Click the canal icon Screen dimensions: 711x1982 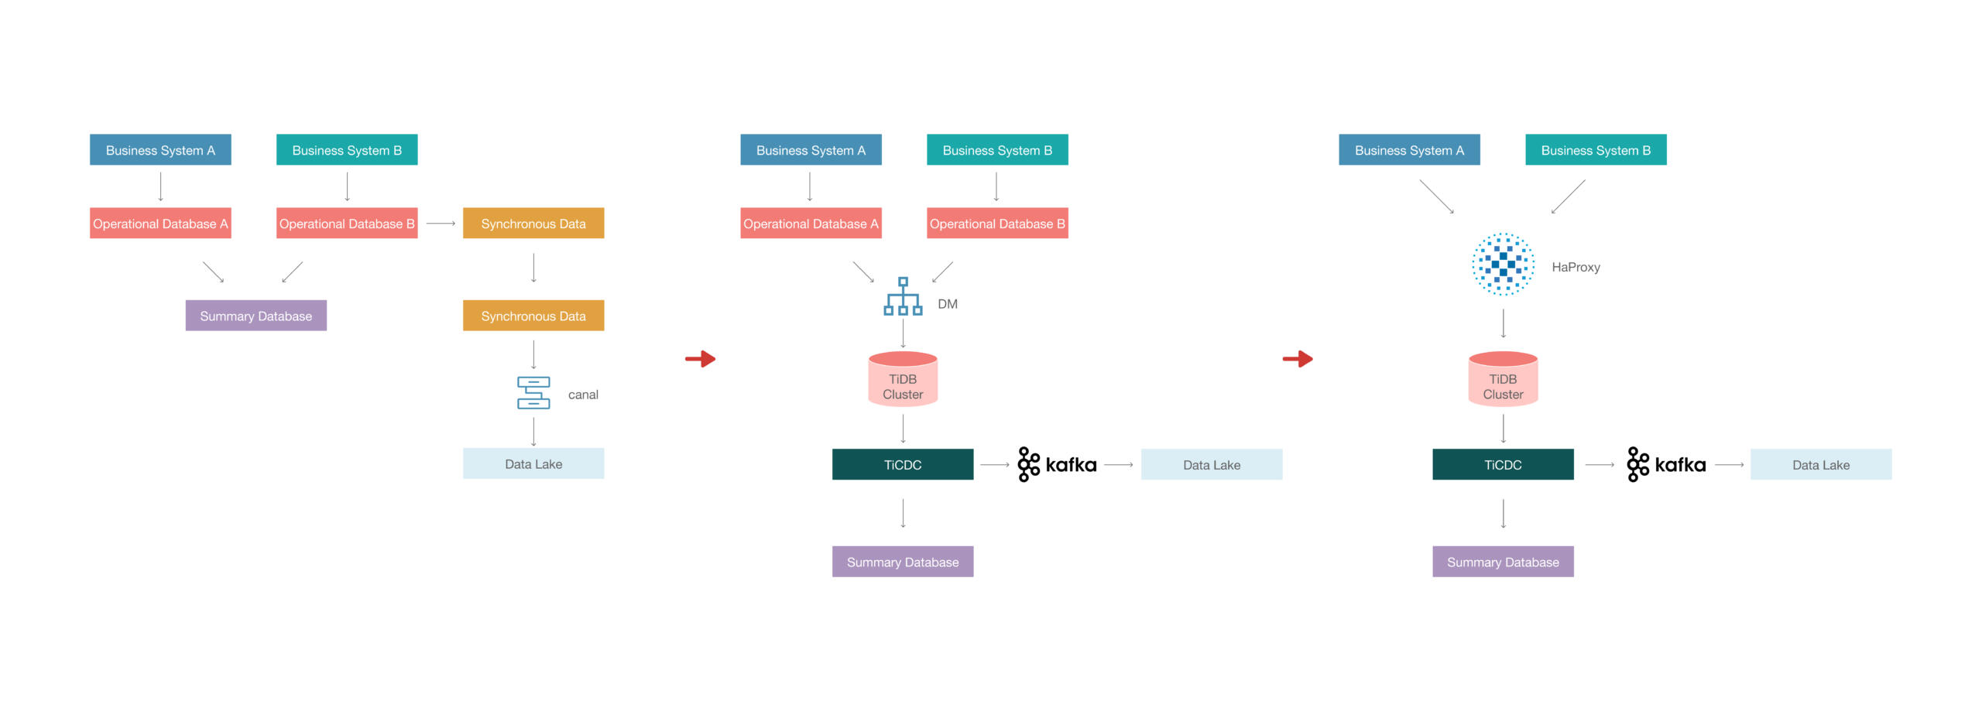tap(533, 393)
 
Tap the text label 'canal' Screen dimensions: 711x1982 tap(583, 395)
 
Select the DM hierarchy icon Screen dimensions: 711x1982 tap(903, 296)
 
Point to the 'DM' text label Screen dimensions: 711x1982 tap(948, 304)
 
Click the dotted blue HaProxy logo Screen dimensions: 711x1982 tap(1503, 265)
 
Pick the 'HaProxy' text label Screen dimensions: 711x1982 tap(1576, 267)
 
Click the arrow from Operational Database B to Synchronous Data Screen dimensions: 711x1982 tap(441, 224)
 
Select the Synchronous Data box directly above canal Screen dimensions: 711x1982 tap(533, 316)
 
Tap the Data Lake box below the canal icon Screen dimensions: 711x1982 tap(533, 464)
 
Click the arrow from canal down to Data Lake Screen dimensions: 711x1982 tap(533, 431)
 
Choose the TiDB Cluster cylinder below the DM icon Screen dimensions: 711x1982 tap(903, 379)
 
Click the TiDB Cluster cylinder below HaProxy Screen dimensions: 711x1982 tap(1503, 379)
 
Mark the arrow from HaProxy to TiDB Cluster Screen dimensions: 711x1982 tap(1504, 323)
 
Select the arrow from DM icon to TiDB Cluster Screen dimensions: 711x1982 tap(903, 333)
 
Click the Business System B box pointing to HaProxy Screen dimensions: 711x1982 tap(1596, 150)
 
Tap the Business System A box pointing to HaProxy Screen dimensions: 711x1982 tap(1409, 150)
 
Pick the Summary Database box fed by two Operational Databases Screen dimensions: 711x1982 tap(256, 316)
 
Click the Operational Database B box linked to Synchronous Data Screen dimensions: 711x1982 tap(347, 224)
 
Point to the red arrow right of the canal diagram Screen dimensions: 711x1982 tap(701, 359)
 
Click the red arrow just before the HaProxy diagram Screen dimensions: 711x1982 tap(1298, 359)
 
